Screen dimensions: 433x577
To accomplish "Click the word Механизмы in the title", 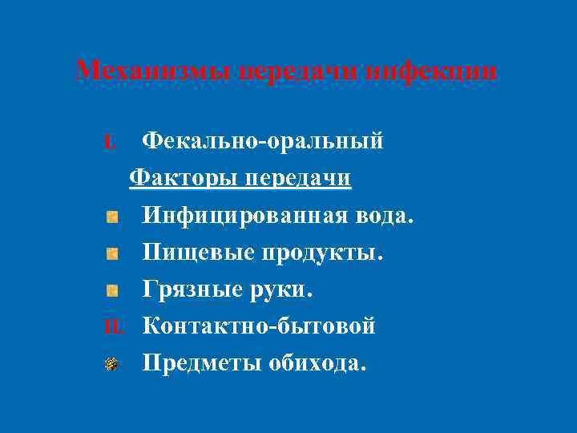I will [134, 71].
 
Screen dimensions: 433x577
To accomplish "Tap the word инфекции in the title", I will [430, 71].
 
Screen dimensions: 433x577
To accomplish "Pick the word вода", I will [386, 216].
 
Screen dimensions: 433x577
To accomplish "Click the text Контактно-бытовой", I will [259, 326].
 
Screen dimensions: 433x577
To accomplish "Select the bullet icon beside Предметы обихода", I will [112, 364].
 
